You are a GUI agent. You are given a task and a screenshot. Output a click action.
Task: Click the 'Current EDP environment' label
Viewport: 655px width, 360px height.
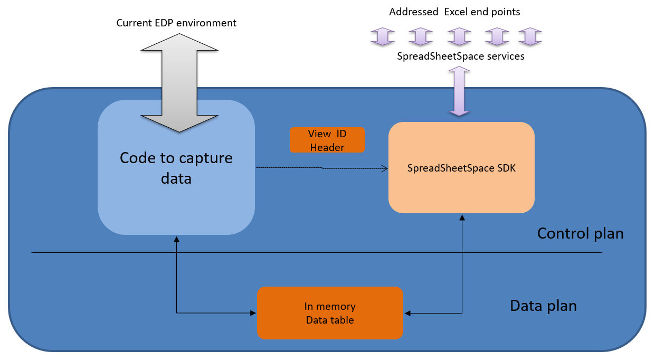176,23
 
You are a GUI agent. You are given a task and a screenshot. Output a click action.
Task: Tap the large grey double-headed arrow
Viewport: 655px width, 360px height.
179,83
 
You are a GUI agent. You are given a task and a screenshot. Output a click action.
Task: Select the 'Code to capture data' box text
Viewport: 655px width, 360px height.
176,168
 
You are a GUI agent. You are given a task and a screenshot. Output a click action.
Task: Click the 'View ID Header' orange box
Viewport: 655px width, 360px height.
327,140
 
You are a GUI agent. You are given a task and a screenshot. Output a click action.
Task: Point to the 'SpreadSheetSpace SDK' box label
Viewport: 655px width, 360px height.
461,168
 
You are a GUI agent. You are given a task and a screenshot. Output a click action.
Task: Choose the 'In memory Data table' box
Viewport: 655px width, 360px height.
330,313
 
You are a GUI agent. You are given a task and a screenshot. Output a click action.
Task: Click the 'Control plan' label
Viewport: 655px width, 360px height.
580,233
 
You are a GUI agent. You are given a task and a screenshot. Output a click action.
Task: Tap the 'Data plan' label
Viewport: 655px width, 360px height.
543,306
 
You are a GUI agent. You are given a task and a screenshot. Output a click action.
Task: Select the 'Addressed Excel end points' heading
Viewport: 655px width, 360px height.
454,12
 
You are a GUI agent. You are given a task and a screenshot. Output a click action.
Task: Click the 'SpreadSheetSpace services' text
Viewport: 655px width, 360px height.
461,56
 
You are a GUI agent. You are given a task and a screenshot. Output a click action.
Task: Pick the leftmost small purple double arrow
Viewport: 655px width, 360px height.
382,36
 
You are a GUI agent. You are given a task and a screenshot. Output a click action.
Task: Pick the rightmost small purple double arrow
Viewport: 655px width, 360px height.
530,36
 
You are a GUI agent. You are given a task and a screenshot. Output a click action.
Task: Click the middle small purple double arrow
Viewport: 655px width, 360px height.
459,36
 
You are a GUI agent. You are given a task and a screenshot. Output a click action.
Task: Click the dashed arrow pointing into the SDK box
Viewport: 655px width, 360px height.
322,168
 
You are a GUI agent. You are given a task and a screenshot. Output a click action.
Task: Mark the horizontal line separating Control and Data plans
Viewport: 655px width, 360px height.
317,253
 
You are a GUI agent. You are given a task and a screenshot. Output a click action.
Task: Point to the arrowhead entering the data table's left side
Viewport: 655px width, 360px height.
253,313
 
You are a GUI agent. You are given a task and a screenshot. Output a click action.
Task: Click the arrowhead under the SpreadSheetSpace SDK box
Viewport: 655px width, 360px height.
462,217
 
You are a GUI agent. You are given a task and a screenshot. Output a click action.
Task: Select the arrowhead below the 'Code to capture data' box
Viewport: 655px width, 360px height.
176,239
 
